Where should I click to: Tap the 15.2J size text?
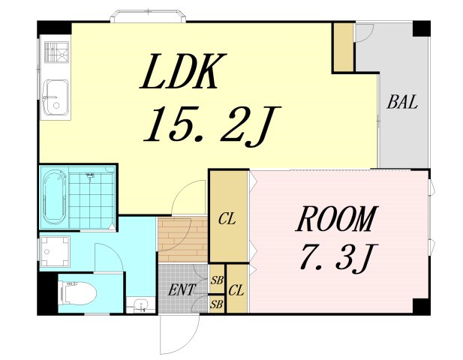(212, 124)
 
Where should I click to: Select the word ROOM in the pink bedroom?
(337, 218)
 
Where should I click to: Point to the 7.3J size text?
(338, 256)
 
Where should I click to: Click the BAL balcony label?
(402, 102)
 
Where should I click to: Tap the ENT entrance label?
(182, 289)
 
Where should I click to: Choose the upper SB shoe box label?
(217, 280)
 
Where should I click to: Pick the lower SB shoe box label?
(217, 304)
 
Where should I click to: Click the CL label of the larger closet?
(227, 219)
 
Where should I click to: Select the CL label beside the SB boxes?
(236, 291)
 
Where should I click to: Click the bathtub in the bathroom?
(54, 197)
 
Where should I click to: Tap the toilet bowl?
(78, 293)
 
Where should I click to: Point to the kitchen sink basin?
(56, 97)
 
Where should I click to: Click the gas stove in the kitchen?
(56, 52)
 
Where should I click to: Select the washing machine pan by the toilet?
(55, 251)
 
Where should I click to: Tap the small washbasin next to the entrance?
(141, 305)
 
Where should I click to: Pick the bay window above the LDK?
(148, 16)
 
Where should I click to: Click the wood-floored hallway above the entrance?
(183, 239)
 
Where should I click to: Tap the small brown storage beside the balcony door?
(344, 47)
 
